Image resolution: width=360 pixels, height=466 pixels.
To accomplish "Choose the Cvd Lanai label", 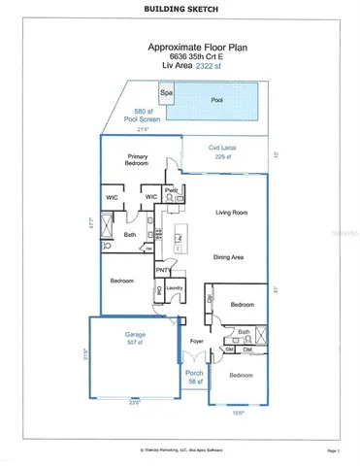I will click(x=223, y=149).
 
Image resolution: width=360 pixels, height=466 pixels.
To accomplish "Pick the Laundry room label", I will click(x=175, y=287).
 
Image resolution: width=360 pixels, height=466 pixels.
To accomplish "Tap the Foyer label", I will click(x=195, y=342).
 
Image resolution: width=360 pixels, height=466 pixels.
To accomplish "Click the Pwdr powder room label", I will click(x=170, y=189).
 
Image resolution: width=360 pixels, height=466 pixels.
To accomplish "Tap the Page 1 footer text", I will click(x=334, y=451).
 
